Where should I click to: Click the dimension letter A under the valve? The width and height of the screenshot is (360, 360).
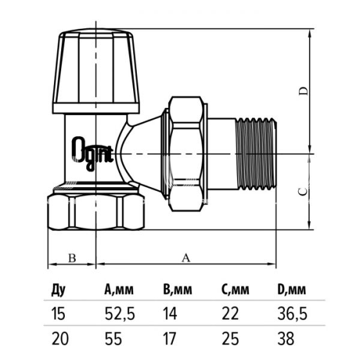click(185, 258)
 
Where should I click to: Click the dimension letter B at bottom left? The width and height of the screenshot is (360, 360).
click(71, 258)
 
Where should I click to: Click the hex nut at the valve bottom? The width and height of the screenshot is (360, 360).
click(97, 211)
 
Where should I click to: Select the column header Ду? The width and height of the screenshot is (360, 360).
click(58, 290)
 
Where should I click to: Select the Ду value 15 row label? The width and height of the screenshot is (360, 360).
click(57, 314)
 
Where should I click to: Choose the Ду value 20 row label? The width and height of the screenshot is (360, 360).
click(58, 339)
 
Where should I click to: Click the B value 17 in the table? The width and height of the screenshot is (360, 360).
click(171, 339)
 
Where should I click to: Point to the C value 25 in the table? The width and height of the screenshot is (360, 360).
click(230, 339)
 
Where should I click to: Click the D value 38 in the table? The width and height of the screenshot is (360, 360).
click(286, 339)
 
